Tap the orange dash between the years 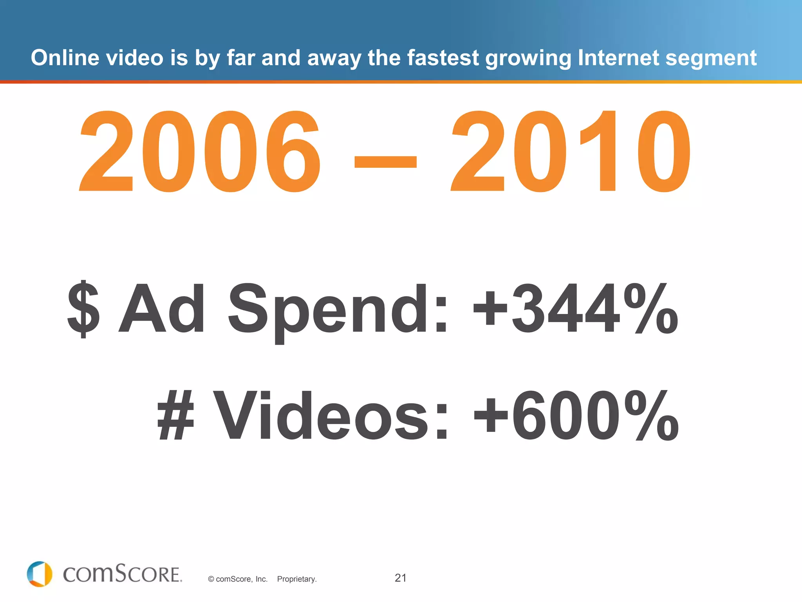pos(385,161)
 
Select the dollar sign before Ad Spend pos(83,309)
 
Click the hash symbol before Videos pos(175,415)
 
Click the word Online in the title pos(65,58)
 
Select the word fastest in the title pos(443,58)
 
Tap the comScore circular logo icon pos(40,574)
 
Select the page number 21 pos(401,578)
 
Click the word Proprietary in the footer pos(296,579)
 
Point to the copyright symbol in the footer pos(211,579)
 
